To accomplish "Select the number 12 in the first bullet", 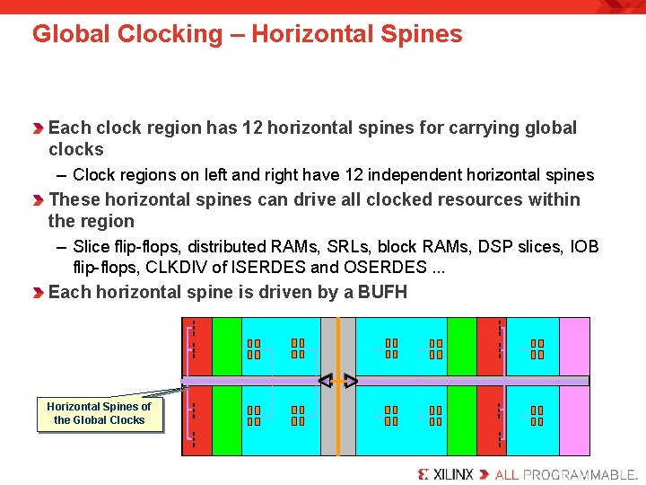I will pos(252,128).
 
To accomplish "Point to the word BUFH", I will pos(382,292).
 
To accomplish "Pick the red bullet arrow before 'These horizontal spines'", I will pos(39,200).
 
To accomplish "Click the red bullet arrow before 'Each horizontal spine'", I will pos(39,293).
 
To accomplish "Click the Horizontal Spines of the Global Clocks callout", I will pos(100,413).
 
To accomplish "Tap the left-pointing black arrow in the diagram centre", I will pos(325,382).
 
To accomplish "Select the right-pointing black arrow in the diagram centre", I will pos(352,382).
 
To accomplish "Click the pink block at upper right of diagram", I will pos(574,345).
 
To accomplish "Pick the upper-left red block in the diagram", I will pos(196,345).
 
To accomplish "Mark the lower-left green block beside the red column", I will pos(226,420).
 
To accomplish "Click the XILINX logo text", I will pos(445,474).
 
